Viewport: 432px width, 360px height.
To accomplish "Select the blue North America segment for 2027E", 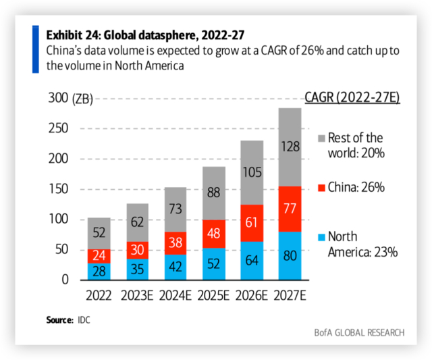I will click(x=290, y=255).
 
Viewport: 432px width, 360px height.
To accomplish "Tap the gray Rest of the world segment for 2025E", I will click(x=214, y=192).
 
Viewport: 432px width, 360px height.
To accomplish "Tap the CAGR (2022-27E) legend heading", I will click(x=352, y=98).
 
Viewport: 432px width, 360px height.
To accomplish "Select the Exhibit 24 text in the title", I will click(x=73, y=34).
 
